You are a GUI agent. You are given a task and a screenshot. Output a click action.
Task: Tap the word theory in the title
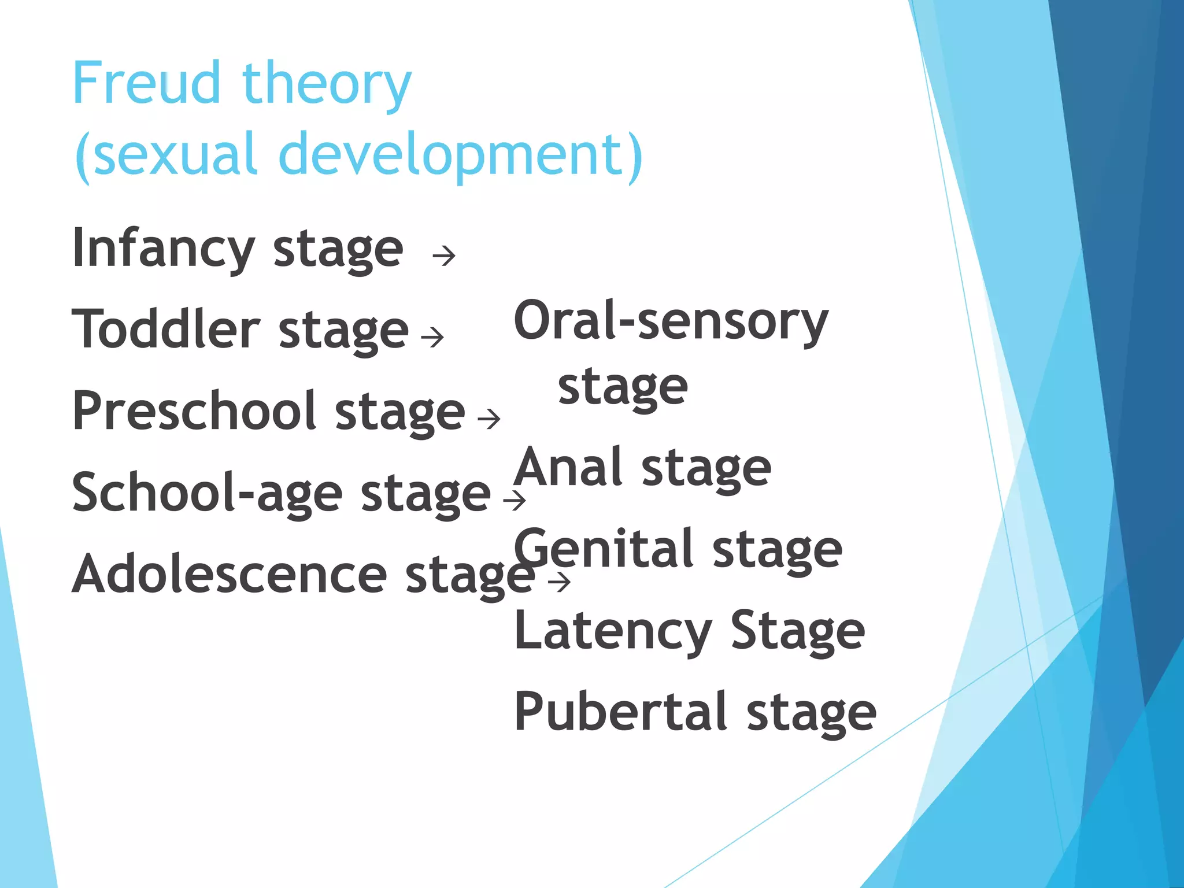[x=327, y=86]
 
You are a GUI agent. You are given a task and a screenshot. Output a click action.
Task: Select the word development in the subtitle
[x=460, y=154]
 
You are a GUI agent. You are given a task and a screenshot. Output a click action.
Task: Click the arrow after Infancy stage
[x=444, y=256]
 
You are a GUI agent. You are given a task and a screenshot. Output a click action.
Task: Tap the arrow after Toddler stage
[x=432, y=337]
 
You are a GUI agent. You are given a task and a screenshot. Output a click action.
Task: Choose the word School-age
[x=208, y=493]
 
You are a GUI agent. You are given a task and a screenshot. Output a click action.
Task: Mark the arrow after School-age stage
[x=515, y=500]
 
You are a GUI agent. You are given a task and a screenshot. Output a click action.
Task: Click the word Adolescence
[x=230, y=575]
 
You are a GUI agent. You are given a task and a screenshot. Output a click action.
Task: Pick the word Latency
[x=613, y=631]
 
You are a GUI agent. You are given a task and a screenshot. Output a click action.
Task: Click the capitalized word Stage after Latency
[x=798, y=631]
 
